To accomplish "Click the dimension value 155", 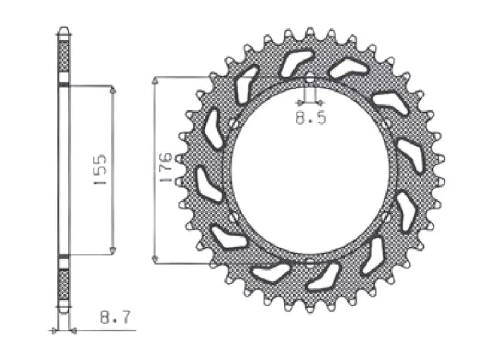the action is [100, 169].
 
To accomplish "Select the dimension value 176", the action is [165, 167].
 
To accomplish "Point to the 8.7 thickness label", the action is [115, 317].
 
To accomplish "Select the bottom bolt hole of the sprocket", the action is [310, 261].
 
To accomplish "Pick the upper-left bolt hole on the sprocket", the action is [233, 124].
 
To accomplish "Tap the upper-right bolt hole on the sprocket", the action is [386, 124].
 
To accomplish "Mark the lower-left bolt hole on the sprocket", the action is [233, 217].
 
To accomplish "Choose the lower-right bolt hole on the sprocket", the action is [386, 217].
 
